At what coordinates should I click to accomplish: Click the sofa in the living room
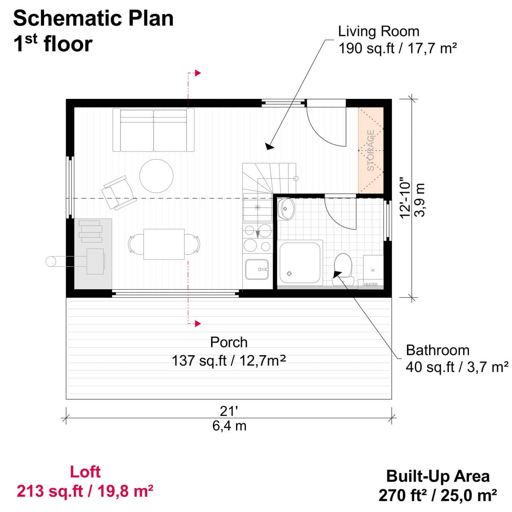coord(154,130)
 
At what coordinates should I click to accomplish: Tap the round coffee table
coord(156,176)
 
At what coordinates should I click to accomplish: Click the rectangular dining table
coord(164,244)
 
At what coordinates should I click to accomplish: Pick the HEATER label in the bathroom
coord(370,284)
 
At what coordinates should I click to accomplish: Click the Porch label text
coord(229,342)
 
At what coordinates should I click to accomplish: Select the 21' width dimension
coord(229,411)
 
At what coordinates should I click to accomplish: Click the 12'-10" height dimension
coord(405,198)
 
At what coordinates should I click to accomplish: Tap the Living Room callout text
coord(378,31)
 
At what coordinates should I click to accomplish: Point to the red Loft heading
coord(85,472)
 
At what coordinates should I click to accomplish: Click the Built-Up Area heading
coord(438,476)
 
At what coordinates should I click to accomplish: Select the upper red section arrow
coord(198,73)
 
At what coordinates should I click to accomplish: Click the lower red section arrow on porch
coord(198,323)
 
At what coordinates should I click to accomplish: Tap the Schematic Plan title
coord(93,18)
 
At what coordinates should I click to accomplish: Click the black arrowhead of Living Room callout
coord(269,146)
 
